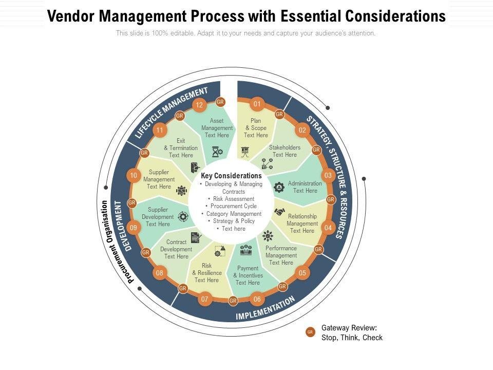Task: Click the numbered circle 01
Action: [257, 104]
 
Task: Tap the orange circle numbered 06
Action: [257, 299]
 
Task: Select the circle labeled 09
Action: [134, 228]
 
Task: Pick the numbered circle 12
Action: [199, 105]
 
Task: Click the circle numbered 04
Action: [328, 228]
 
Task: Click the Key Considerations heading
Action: [231, 176]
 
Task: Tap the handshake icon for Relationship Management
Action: [280, 212]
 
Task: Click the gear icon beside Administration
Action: [279, 187]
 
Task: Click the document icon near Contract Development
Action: [196, 237]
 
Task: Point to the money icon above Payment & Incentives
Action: [246, 251]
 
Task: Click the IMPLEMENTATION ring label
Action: [266, 308]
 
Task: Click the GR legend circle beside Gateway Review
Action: [310, 332]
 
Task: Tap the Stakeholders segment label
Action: [285, 151]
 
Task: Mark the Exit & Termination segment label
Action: [181, 148]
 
